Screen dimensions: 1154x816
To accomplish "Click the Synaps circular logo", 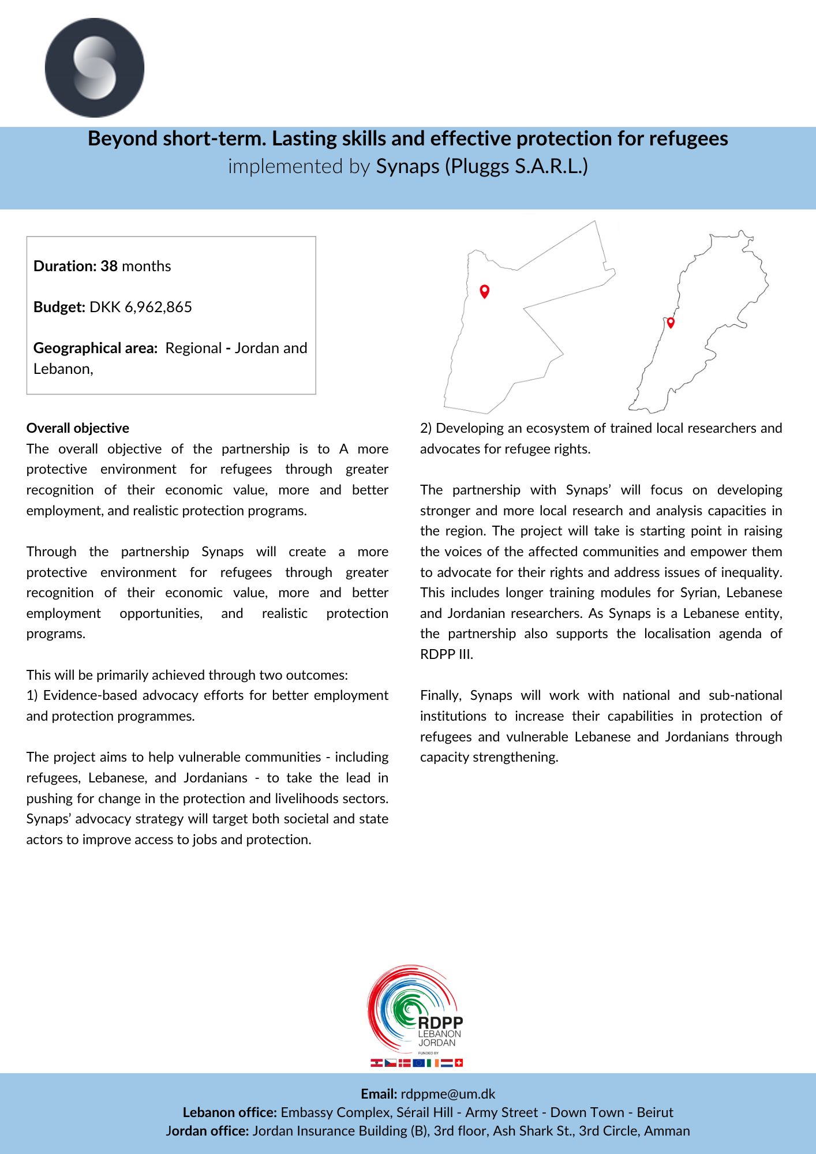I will point(95,68).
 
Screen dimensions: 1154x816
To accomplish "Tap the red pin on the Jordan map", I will point(485,291).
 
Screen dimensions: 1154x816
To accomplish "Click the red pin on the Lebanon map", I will point(671,323).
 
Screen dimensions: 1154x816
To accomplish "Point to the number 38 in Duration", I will point(109,266).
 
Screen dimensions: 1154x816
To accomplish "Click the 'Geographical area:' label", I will point(95,348).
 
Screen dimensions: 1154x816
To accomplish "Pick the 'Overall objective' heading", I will point(78,428).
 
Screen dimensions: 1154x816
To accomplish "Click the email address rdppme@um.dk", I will point(448,1094).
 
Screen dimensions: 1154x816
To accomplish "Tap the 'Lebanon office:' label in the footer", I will point(230,1112).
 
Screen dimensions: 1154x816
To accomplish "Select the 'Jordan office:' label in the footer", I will point(207,1131).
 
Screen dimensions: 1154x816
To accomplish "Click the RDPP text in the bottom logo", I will point(440,1023).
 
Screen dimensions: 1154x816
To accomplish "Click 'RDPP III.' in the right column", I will point(447,654).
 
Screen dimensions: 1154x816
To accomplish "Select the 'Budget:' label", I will point(59,307).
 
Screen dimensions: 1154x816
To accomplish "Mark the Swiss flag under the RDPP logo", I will point(459,1063).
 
